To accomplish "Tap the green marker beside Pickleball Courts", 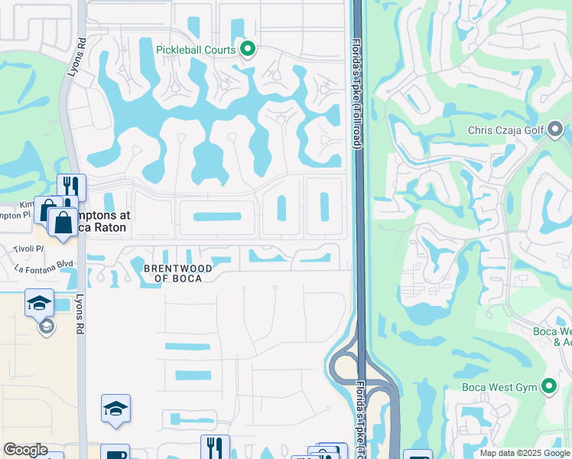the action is pos(247,50).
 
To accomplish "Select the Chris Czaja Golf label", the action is pos(505,130).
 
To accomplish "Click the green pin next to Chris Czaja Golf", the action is pos(556,129).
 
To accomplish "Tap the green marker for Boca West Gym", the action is pos(549,386).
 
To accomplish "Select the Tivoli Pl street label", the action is pos(29,249).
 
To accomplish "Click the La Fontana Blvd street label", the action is pos(43,267).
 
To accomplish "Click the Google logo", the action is pos(25,450).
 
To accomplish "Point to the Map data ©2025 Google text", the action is pos(524,453).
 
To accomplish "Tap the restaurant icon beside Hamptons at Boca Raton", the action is pos(71,186).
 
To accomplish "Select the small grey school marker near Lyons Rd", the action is pos(46,327).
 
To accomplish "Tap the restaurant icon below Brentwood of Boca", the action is pos(215,447).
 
